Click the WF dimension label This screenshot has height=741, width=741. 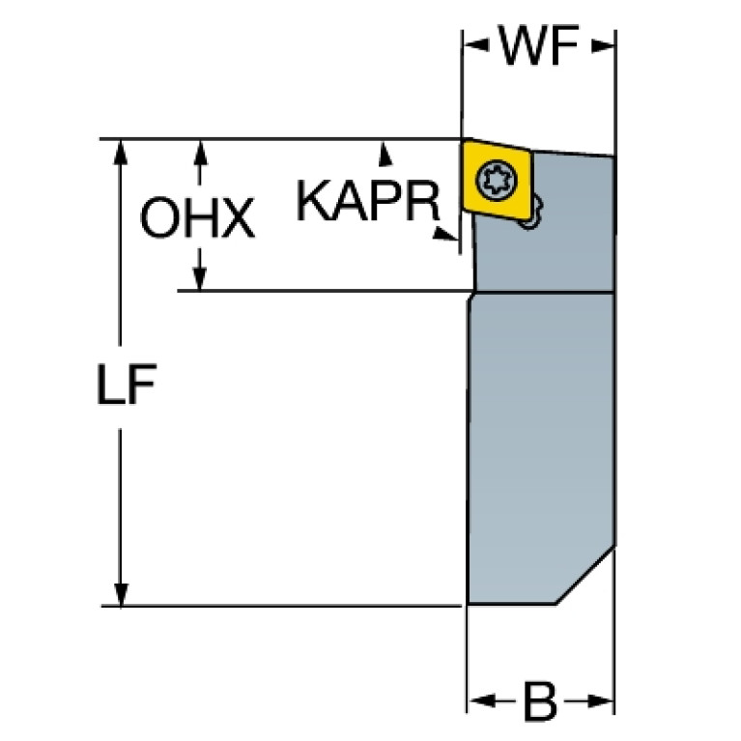(539, 44)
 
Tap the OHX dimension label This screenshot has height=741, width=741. (197, 218)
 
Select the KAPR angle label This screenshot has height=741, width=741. (368, 201)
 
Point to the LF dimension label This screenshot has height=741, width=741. (127, 385)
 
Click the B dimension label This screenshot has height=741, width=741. (540, 701)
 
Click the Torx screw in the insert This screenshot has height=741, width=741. (497, 180)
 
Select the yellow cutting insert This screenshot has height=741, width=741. (497, 179)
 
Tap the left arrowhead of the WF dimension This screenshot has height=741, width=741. (476, 45)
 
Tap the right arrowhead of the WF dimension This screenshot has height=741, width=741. (603, 45)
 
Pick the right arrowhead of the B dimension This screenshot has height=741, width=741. (600, 701)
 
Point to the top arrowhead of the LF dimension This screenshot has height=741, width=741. (121, 153)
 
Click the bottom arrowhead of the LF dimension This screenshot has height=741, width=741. (121, 593)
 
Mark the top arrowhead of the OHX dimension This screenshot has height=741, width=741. (200, 153)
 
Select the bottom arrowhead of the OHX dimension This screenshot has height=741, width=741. (200, 279)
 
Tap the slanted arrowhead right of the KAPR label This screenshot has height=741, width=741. (444, 234)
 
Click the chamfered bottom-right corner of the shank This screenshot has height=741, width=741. (585, 575)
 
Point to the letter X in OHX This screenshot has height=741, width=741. (236, 218)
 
